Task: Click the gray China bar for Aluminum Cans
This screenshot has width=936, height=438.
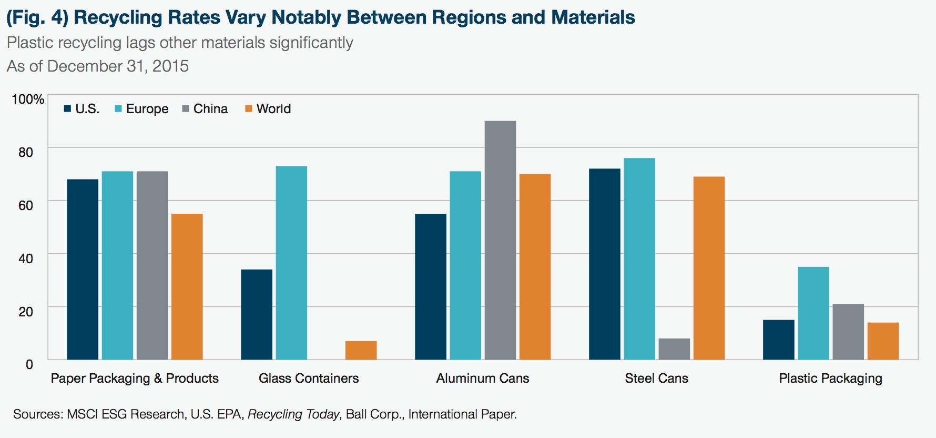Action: coord(500,240)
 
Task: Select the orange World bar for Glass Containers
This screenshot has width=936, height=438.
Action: coord(361,351)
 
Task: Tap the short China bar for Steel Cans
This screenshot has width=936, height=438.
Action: coord(674,349)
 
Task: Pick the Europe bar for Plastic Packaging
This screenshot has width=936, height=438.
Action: coord(813,313)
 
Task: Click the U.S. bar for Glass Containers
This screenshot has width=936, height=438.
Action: coord(257,315)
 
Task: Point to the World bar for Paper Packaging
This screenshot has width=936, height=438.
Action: coord(187,287)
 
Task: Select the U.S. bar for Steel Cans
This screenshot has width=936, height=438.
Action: coord(605,264)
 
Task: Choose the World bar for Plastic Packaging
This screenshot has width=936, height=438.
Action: coord(883,341)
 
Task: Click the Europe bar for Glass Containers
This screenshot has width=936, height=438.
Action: coord(291,263)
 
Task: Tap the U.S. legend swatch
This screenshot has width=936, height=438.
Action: coord(67,109)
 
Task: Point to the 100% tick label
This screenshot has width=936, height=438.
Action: coord(28,99)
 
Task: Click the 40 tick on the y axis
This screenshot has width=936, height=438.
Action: coord(26,258)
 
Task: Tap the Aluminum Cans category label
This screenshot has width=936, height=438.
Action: coord(483,379)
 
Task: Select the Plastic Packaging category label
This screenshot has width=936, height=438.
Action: coord(830,379)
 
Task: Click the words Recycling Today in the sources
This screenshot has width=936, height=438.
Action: coord(293,415)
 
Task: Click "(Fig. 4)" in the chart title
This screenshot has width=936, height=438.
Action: coord(37,17)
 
